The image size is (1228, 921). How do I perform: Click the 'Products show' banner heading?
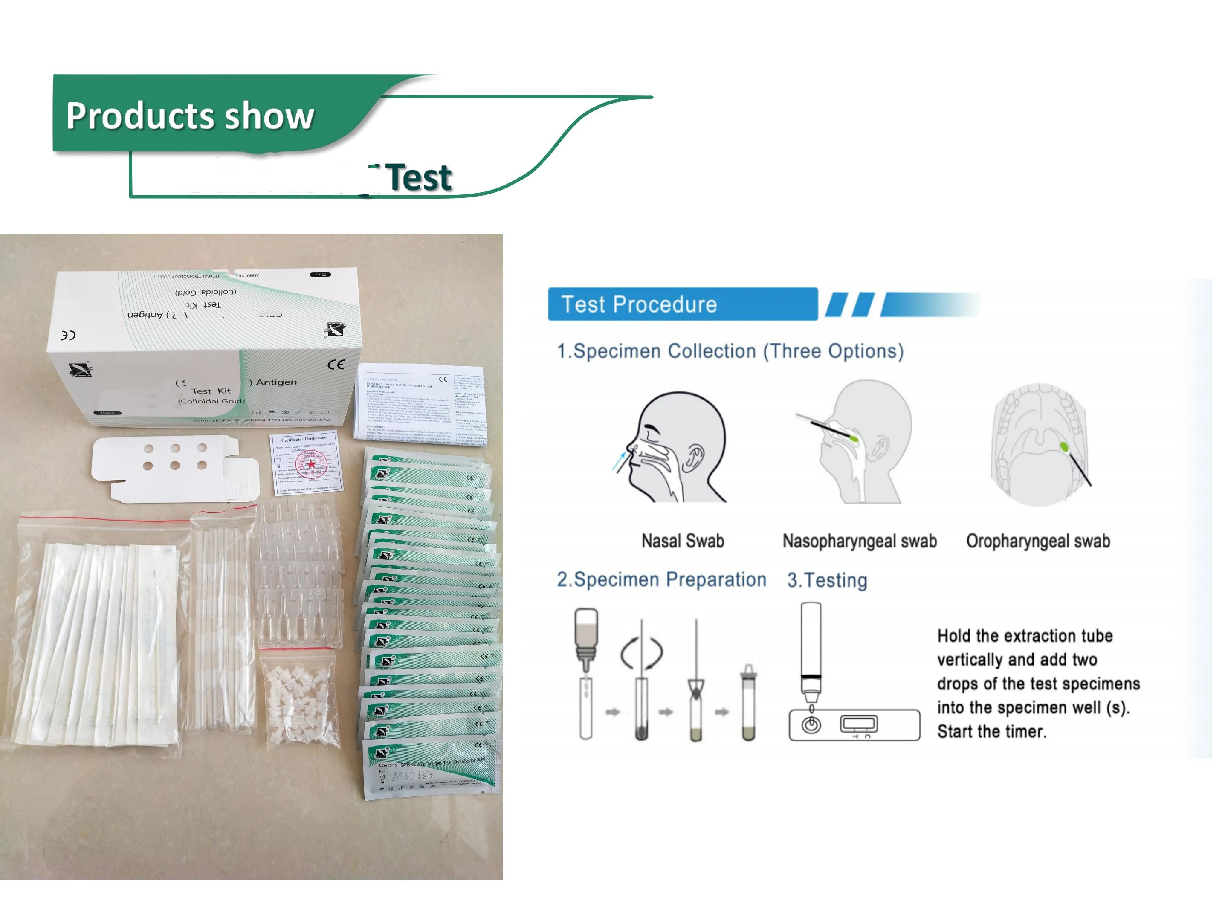(x=190, y=116)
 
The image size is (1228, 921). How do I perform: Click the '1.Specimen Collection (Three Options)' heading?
(x=730, y=351)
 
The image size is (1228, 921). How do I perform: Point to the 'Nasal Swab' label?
(x=682, y=541)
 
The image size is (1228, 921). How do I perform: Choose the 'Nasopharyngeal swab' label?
(x=859, y=541)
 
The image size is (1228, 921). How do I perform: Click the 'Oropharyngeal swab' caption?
(x=1037, y=541)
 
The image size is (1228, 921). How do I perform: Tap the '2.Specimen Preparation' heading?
(x=661, y=579)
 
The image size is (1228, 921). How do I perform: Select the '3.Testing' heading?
(x=827, y=580)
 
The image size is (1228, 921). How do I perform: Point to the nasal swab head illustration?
(x=672, y=447)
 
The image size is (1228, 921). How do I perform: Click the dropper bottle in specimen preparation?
(x=586, y=638)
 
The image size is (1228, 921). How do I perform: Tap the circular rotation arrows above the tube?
(x=641, y=652)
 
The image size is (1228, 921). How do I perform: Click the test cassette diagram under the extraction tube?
(x=854, y=724)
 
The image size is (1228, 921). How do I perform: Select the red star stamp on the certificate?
(x=311, y=464)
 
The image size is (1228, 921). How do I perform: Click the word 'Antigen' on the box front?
(x=276, y=382)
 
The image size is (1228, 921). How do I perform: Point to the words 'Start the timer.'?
(x=991, y=732)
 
